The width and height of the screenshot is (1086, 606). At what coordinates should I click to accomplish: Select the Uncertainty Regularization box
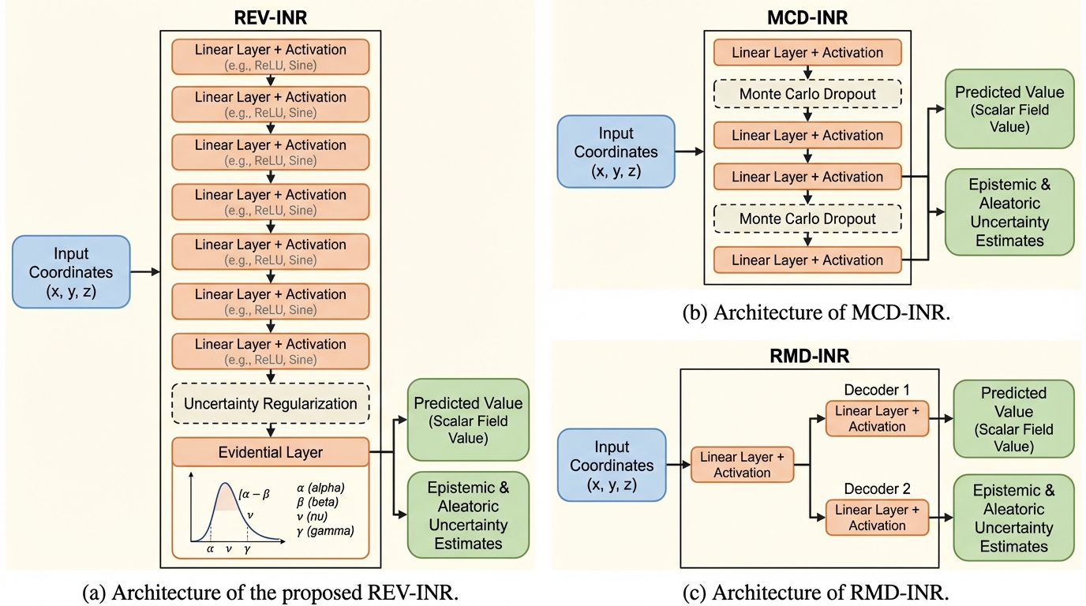point(271,403)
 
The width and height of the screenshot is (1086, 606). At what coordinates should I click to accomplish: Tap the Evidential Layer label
point(271,452)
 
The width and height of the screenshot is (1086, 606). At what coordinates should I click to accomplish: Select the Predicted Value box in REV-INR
point(468,420)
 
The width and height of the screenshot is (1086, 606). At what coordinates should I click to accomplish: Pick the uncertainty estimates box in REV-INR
point(468,514)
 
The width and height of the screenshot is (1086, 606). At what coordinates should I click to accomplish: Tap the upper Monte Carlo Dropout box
point(807,94)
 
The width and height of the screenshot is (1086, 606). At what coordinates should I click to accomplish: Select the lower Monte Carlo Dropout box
point(807,219)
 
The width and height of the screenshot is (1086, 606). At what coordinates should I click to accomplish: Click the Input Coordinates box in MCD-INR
point(616,151)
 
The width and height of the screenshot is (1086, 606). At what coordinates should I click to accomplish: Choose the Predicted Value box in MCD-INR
point(1009,109)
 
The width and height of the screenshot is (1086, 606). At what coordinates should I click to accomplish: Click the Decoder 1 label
point(876,391)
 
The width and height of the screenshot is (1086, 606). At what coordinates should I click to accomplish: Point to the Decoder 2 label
point(876,489)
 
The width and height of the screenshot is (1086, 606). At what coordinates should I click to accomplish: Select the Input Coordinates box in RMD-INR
point(612,466)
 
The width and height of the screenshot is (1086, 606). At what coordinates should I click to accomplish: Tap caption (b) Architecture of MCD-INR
point(816,312)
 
